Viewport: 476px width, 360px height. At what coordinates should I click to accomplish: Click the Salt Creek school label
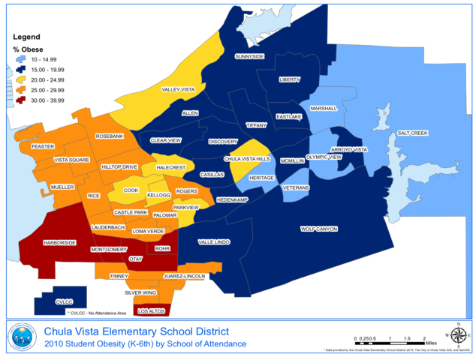pyautogui.click(x=412, y=133)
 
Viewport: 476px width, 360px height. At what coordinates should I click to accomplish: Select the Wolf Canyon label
pyautogui.click(x=319, y=229)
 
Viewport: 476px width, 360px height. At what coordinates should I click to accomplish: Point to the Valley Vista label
pyautogui.click(x=179, y=90)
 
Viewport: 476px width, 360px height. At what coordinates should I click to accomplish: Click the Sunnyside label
pyautogui.click(x=249, y=56)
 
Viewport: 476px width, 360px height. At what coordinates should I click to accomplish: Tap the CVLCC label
pyautogui.click(x=64, y=301)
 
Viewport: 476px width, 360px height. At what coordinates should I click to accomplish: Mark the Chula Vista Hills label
pyautogui.click(x=247, y=159)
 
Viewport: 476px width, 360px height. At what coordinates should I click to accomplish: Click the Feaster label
pyautogui.click(x=44, y=146)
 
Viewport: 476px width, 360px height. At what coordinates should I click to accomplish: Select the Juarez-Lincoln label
pyautogui.click(x=185, y=276)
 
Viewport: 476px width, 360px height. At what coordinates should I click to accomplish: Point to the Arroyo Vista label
pyautogui.click(x=349, y=150)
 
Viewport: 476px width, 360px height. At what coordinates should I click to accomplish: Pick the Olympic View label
pyautogui.click(x=324, y=157)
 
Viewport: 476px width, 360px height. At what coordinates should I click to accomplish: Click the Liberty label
pyautogui.click(x=289, y=79)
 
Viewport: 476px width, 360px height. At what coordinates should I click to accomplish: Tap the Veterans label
pyautogui.click(x=295, y=187)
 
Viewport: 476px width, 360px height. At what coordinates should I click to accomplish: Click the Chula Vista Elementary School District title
pyautogui.click(x=137, y=331)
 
